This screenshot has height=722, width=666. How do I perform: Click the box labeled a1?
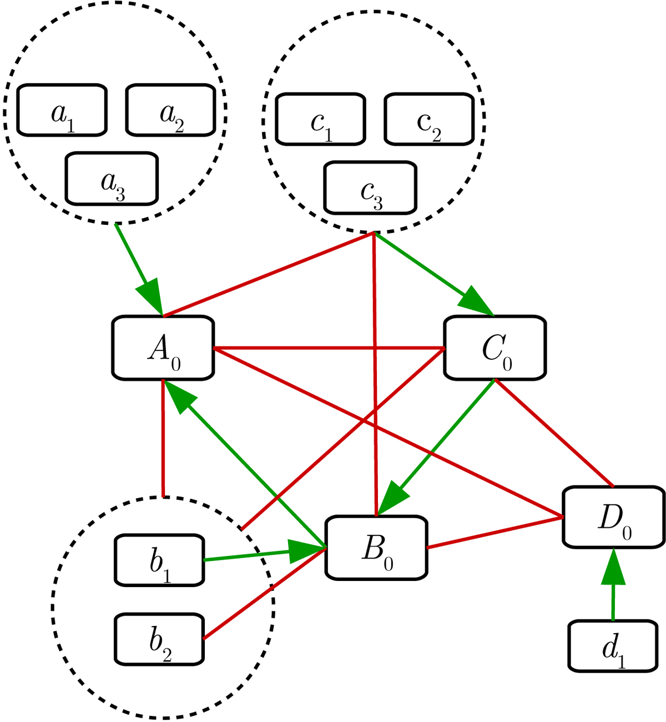click(x=62, y=110)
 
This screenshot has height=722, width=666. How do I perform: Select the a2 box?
click(x=170, y=110)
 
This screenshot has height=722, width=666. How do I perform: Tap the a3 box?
click(x=112, y=179)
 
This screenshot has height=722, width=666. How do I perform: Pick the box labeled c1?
click(x=321, y=120)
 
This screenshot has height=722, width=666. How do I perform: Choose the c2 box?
click(x=429, y=119)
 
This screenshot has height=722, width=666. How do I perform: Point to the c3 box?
click(x=370, y=188)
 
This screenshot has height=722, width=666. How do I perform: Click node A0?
click(x=163, y=348)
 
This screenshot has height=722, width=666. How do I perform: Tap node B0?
click(x=376, y=548)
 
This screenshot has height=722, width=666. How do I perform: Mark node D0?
click(x=614, y=517)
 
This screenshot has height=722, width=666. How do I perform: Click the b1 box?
click(x=159, y=560)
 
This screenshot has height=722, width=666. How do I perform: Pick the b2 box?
click(x=159, y=639)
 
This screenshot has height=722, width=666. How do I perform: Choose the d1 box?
click(x=613, y=646)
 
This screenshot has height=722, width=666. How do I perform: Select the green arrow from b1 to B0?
click(x=250, y=555)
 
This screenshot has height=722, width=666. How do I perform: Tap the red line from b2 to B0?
click(x=264, y=594)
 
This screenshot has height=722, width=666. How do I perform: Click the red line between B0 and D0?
click(x=494, y=532)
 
